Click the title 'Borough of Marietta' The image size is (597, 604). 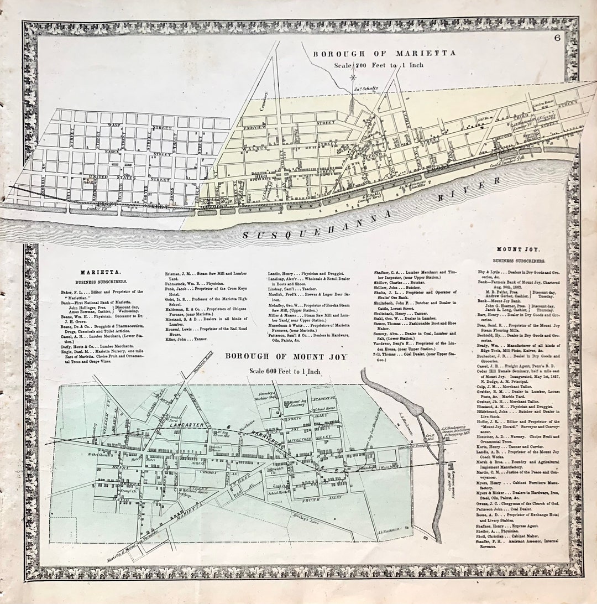point(384,53)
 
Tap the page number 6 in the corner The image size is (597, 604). point(558,37)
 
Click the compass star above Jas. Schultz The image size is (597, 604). point(353,78)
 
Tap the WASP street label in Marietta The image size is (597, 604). point(114,126)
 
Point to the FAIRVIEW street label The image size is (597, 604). point(255,128)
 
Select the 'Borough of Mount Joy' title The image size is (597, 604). point(286,357)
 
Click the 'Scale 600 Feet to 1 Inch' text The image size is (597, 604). point(285,371)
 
